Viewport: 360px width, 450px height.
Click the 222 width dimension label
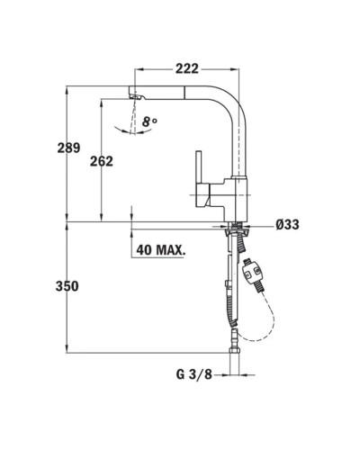pyautogui.click(x=187, y=69)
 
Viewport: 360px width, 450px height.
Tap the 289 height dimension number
pyautogui.click(x=68, y=148)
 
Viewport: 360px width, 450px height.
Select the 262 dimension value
pyautogui.click(x=102, y=161)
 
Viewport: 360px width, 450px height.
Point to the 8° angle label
pyautogui.click(x=149, y=121)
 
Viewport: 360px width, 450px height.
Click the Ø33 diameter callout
pyautogui.click(x=287, y=224)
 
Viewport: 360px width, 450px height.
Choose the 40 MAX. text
pyautogui.click(x=160, y=249)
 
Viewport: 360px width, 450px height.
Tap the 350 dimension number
pyautogui.click(x=67, y=286)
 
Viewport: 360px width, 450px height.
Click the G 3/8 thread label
pyautogui.click(x=193, y=374)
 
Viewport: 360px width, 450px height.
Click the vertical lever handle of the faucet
pyautogui.click(x=199, y=168)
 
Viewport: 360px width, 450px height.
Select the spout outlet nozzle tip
pyautogui.click(x=137, y=96)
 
